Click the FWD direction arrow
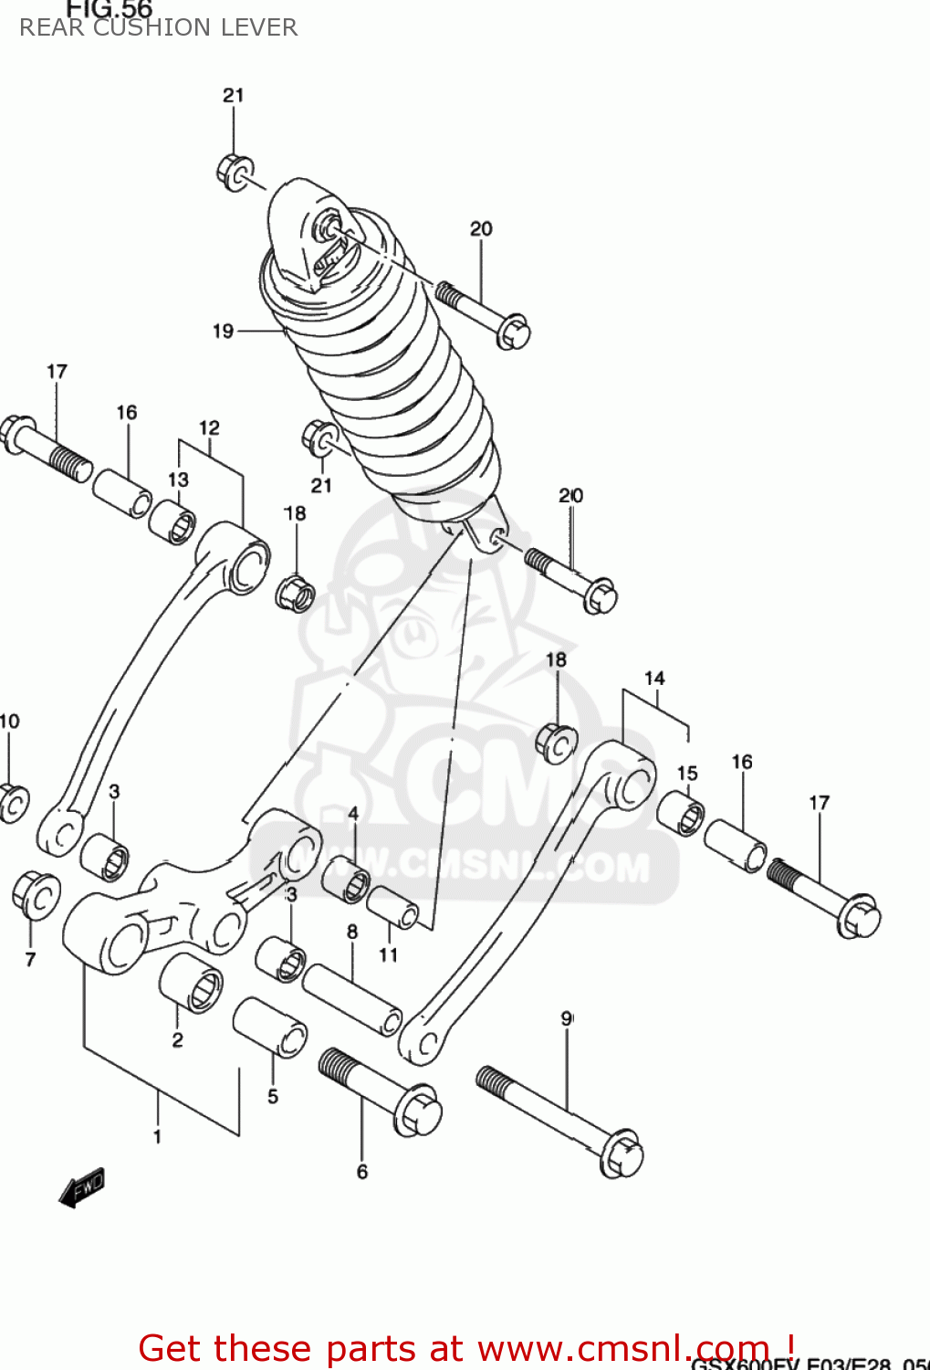pyautogui.click(x=81, y=1186)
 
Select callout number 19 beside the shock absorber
pyautogui.click(x=223, y=332)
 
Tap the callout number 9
pyautogui.click(x=567, y=1018)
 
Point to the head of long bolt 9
pyautogui.click(x=622, y=1155)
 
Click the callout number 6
pyautogui.click(x=362, y=1172)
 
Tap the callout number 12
pyautogui.click(x=209, y=427)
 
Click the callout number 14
pyautogui.click(x=654, y=679)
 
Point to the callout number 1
pyautogui.click(x=157, y=1136)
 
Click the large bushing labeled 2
pyautogui.click(x=191, y=984)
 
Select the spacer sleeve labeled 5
pyautogui.click(x=270, y=1027)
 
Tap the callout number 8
pyautogui.click(x=352, y=933)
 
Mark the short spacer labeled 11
pyautogui.click(x=392, y=908)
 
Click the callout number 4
pyautogui.click(x=353, y=813)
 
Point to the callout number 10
pyautogui.click(x=9, y=722)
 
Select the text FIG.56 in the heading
pyautogui.click(x=109, y=9)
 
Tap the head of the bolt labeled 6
pyautogui.click(x=419, y=1112)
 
